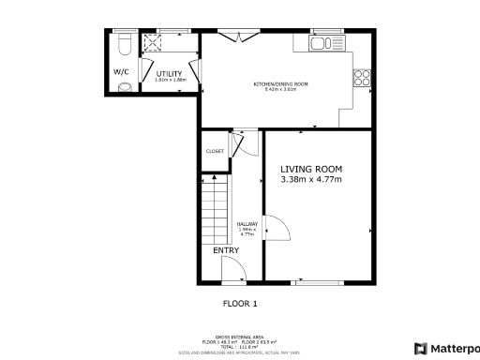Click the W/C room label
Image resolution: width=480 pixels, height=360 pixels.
[122, 71]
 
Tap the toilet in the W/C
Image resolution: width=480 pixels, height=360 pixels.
[125, 44]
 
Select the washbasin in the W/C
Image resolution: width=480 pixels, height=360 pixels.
[125, 88]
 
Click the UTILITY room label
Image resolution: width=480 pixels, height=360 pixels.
[169, 73]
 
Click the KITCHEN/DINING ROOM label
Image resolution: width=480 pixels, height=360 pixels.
[280, 84]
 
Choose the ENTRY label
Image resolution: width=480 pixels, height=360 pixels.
[226, 250]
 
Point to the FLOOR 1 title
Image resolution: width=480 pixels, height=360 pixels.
[239, 303]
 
